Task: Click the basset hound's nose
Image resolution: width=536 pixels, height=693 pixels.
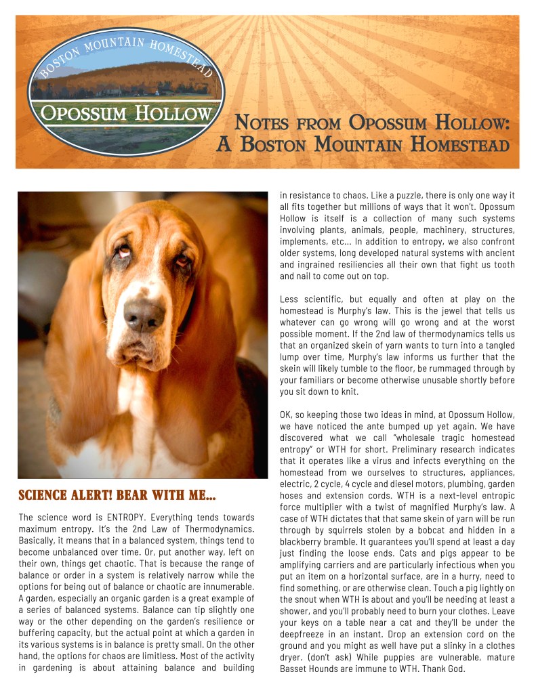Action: (144, 314)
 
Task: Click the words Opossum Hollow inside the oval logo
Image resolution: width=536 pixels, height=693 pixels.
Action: (125, 112)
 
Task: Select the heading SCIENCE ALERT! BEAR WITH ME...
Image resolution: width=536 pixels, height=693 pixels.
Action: (117, 496)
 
